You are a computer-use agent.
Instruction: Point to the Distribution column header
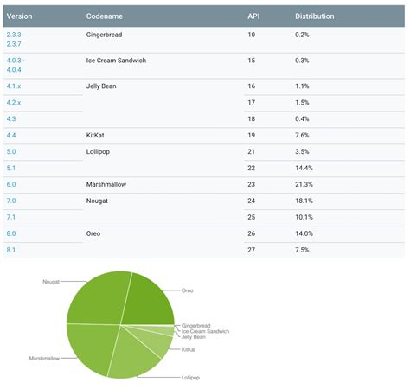click(x=315, y=16)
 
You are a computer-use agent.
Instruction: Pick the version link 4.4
click(x=10, y=135)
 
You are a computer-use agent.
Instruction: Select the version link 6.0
click(x=10, y=183)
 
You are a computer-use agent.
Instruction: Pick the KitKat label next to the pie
click(x=189, y=349)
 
